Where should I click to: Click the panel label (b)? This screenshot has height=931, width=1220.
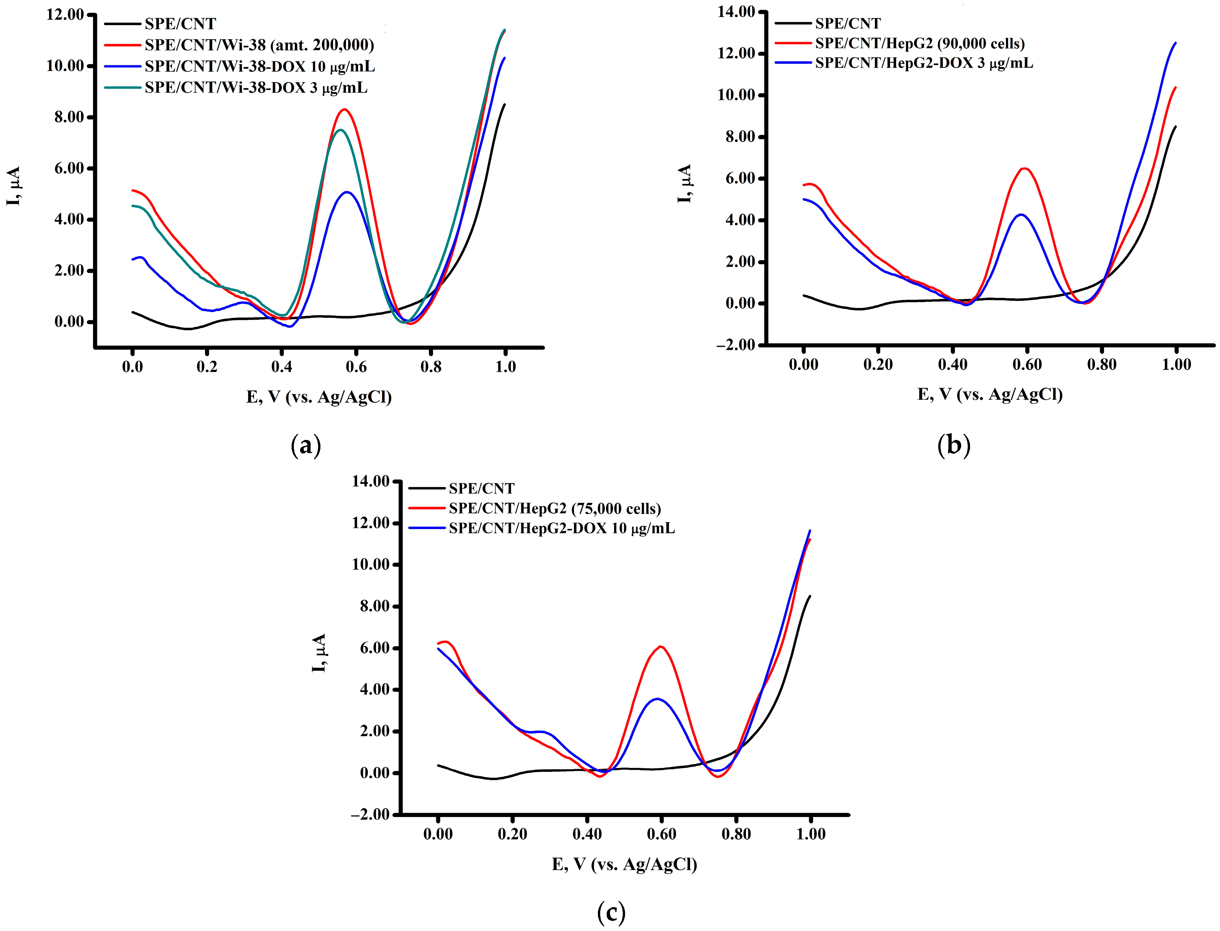[953, 445]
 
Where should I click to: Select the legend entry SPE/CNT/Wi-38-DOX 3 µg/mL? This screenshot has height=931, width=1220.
[256, 87]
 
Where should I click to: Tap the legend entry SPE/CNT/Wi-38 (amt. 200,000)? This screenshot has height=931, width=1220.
[259, 45]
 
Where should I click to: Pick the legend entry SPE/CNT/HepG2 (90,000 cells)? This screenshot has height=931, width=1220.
[920, 43]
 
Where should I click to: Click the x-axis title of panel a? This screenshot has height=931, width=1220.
[319, 397]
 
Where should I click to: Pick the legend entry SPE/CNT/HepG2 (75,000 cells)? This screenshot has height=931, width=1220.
[555, 508]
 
